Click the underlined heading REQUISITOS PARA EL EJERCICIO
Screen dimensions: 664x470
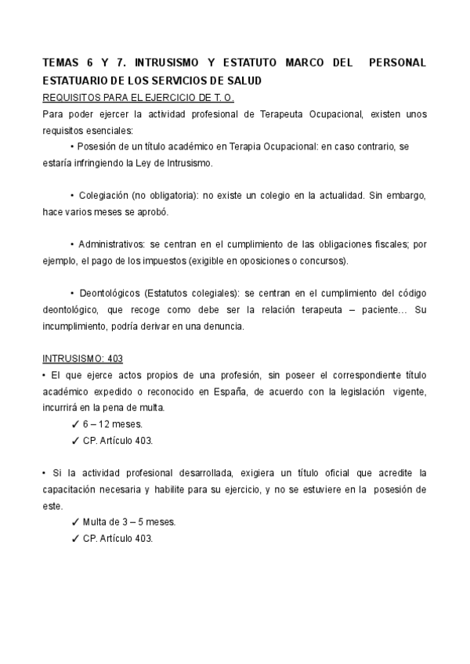pyautogui.click(x=138, y=97)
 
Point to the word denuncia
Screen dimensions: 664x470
pyautogui.click(x=224, y=327)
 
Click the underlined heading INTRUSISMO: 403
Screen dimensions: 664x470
pyautogui.click(x=82, y=359)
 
